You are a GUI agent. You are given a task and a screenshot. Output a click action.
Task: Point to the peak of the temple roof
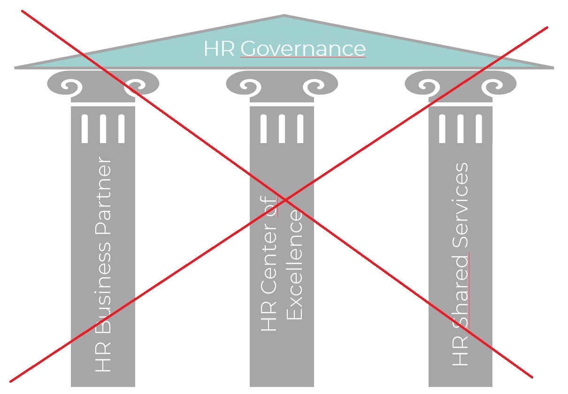tap(284, 17)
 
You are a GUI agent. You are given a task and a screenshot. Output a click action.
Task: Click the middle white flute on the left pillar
tap(103, 128)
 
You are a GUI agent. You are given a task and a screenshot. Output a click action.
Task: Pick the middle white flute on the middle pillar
tap(282, 128)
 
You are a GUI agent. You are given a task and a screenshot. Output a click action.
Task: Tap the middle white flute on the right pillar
tap(461, 128)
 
